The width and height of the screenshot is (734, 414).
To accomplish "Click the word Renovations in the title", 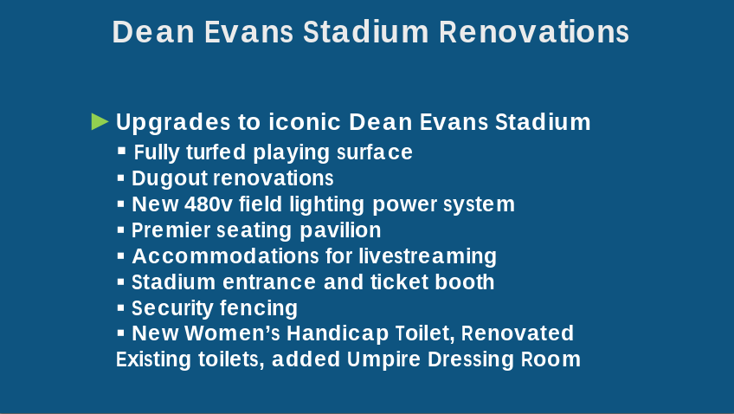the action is point(534,32).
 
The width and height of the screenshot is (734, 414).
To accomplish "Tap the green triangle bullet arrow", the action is point(100,121).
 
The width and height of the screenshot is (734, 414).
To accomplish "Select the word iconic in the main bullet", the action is point(305,122).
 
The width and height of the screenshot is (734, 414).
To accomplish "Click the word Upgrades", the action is point(173,123).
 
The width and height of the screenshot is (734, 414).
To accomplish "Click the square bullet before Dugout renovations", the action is point(121,178).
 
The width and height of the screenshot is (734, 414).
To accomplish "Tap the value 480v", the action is point(209,204).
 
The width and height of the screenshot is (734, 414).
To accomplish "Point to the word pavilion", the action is point(340,230).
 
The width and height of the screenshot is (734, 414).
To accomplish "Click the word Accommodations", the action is point(226,256).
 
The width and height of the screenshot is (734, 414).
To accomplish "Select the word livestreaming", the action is point(428,256).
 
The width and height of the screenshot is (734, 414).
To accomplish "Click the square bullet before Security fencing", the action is point(121,307).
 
